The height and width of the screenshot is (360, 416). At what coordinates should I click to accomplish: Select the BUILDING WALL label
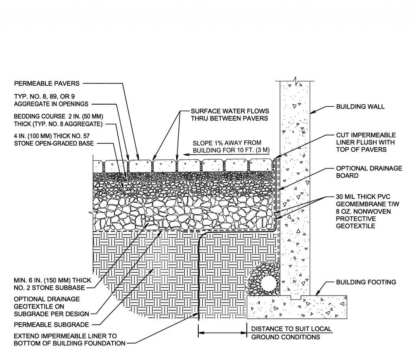[x=360, y=107]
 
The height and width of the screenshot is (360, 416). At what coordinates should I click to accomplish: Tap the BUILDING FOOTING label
[x=366, y=282]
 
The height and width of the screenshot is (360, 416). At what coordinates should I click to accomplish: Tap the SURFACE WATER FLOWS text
[x=230, y=111]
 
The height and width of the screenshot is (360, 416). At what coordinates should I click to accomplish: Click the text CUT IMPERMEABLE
[x=366, y=135]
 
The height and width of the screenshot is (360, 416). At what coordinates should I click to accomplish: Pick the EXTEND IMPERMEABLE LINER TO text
[x=65, y=336]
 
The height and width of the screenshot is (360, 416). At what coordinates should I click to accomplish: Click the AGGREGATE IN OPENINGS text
[x=51, y=104]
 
